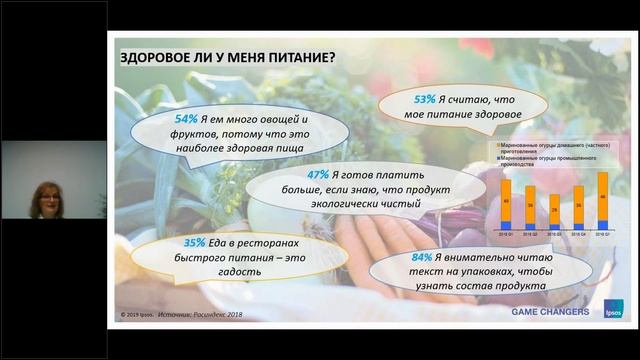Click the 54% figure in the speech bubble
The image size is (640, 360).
186,120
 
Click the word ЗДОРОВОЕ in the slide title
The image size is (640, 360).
154,55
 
